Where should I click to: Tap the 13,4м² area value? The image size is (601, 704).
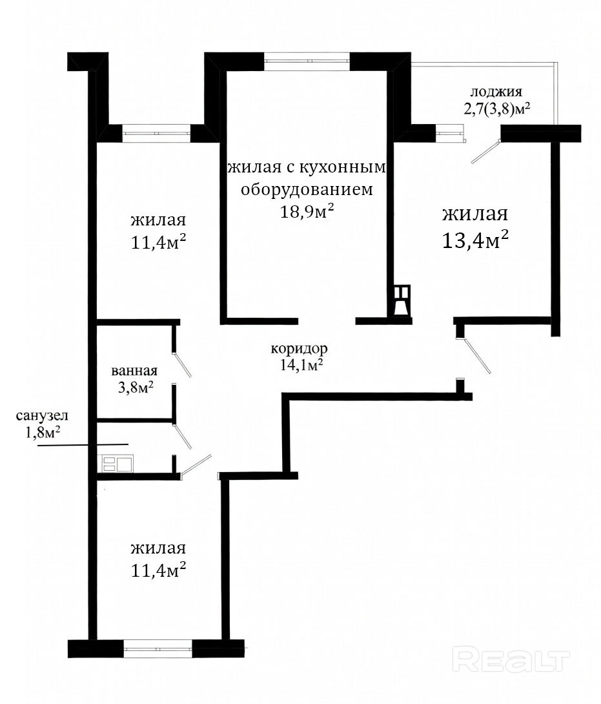coord(475,240)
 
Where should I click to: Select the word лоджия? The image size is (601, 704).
coord(496,92)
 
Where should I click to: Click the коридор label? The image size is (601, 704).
coord(299,348)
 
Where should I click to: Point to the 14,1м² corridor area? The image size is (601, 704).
coord(301,364)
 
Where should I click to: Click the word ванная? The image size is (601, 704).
coord(134,371)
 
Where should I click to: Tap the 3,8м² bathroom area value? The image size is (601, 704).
coord(136,387)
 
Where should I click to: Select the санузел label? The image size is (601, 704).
coord(42,416)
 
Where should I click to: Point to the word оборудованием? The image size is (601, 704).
coord(307,189)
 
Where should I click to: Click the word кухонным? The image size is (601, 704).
coord(341,167)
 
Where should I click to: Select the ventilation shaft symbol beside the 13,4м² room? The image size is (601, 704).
coord(402,302)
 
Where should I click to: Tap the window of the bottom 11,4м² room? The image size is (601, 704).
coord(158,648)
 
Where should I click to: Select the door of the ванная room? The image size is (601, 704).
coord(182,364)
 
